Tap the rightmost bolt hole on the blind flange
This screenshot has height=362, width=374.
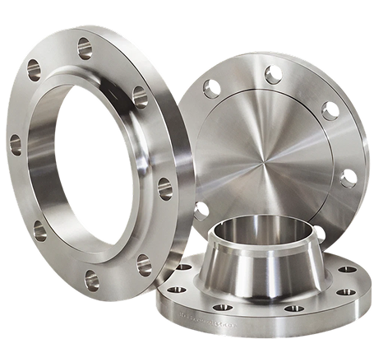tap(349, 176)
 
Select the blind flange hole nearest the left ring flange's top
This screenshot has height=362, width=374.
tap(215, 85)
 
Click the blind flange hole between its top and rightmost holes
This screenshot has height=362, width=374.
tap(330, 111)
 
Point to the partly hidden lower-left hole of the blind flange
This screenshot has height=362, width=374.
tap(200, 210)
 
